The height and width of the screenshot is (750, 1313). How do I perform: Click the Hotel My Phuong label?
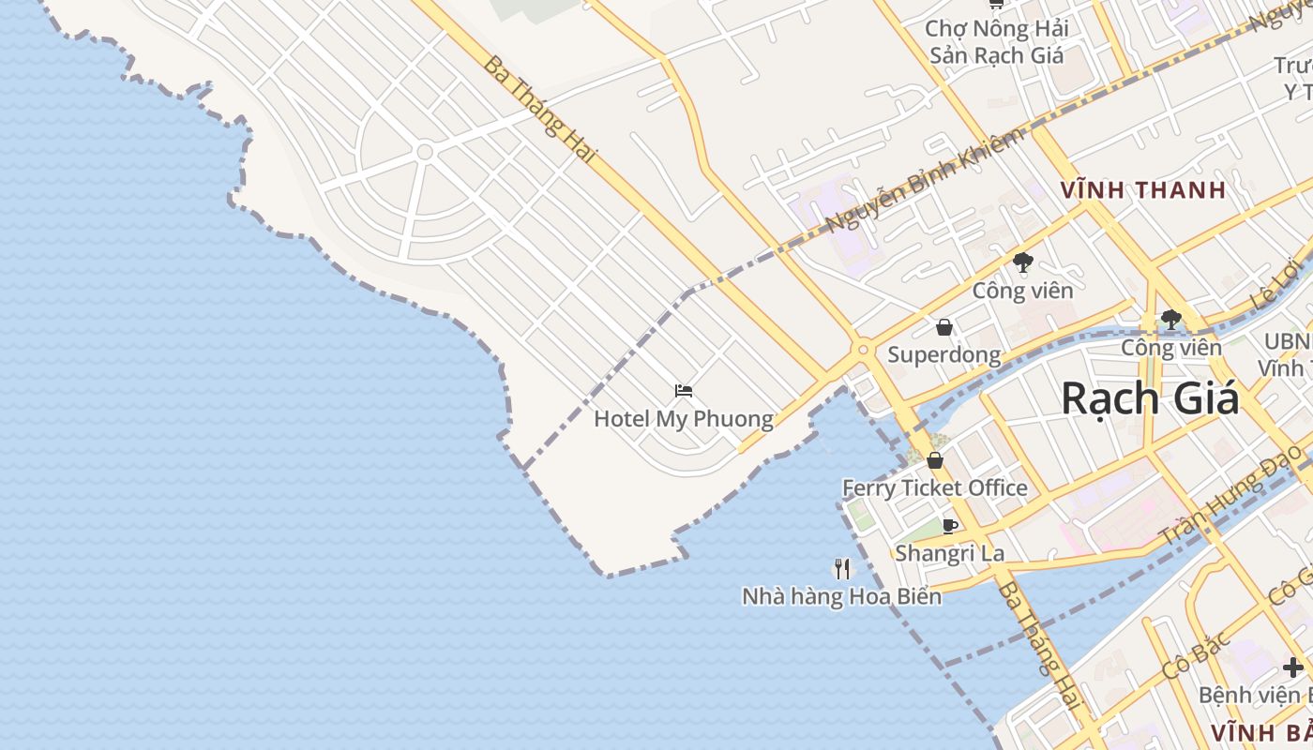683,419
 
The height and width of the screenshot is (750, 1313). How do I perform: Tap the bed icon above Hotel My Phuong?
684,391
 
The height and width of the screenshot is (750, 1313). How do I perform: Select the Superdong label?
943,355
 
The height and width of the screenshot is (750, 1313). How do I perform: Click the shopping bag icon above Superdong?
944,327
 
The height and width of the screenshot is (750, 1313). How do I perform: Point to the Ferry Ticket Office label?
934,488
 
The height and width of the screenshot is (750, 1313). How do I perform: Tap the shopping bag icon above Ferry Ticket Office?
935,460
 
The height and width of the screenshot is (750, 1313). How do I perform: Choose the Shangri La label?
949,553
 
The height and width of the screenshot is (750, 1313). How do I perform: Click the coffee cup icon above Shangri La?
949,526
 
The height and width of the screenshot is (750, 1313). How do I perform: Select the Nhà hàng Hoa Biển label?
841,596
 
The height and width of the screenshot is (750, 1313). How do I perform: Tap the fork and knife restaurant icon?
842,568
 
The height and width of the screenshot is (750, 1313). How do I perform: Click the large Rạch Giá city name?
1150,399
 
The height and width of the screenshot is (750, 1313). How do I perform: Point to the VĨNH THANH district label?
1143,190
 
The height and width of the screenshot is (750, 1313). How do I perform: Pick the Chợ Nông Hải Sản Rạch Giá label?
996,42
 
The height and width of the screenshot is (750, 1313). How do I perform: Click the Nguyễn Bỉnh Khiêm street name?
925,180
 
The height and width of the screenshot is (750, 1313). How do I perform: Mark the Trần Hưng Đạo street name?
1230,495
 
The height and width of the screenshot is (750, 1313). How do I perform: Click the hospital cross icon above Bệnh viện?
1293,667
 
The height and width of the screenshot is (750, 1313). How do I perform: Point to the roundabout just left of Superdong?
863,350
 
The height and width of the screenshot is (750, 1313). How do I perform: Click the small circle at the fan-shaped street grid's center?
425,151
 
